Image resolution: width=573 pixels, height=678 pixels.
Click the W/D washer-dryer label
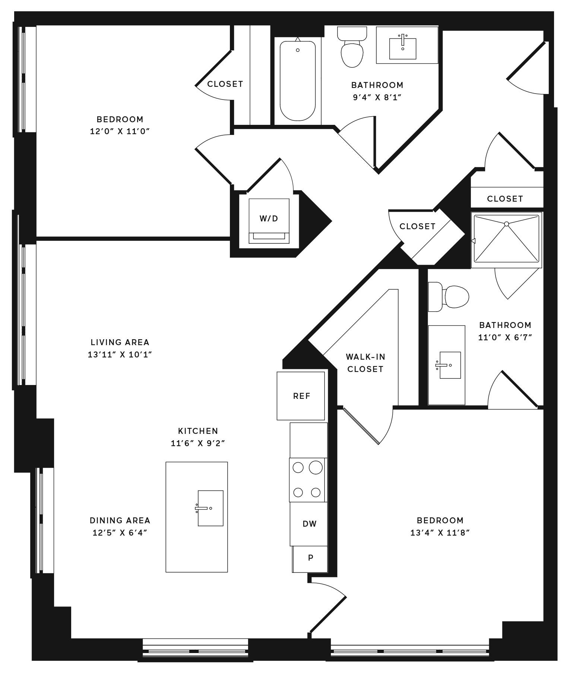point(269,218)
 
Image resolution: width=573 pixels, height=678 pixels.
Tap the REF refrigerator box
point(301,396)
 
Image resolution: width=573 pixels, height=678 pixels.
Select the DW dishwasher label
point(310,524)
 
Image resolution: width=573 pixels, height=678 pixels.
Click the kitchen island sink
point(210,508)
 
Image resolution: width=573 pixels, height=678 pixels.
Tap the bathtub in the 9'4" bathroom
point(298,81)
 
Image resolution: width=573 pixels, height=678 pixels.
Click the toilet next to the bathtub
point(352,47)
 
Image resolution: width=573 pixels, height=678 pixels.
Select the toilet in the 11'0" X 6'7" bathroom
point(448,297)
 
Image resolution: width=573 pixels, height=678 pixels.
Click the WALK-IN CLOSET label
point(365,363)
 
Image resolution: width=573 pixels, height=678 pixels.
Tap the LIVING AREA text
point(120,342)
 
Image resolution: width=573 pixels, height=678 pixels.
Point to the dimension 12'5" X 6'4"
point(120,533)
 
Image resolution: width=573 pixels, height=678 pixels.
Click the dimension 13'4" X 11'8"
point(440,533)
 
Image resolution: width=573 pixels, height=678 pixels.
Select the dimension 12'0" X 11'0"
point(120,131)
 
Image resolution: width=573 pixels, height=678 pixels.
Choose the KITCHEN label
point(198,431)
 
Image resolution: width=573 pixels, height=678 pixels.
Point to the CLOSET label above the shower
point(505,199)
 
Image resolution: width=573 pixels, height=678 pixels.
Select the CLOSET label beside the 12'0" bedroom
point(225,84)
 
